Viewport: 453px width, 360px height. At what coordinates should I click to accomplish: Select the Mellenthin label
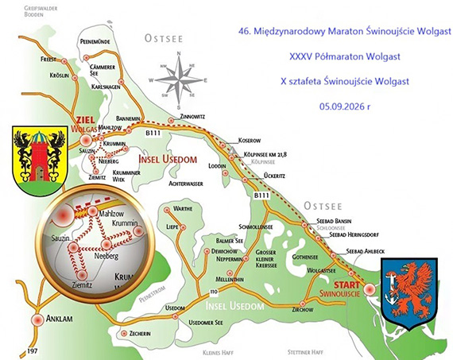(x=230, y=281)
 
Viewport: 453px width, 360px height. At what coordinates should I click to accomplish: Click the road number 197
(x=31, y=350)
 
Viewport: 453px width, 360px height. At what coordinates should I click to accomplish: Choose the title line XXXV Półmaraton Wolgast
(x=339, y=56)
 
